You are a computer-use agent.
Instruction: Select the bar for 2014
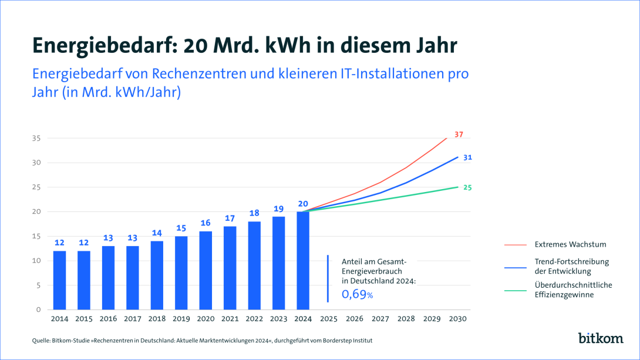pyautogui.click(x=59, y=280)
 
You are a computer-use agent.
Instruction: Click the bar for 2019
pyautogui.click(x=181, y=273)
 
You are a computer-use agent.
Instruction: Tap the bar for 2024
pyautogui.click(x=303, y=261)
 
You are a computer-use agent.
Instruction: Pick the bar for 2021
pyautogui.click(x=230, y=268)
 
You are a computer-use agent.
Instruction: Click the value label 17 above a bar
pyautogui.click(x=230, y=218)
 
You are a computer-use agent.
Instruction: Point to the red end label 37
pyautogui.click(x=459, y=134)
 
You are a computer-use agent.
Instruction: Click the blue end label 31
pyautogui.click(x=467, y=157)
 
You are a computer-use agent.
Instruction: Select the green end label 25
pyautogui.click(x=467, y=187)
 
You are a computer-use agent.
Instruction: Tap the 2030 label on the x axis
pyautogui.click(x=457, y=319)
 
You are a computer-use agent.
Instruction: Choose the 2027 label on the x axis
pyautogui.click(x=380, y=319)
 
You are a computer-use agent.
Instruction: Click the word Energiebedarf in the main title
pyautogui.click(x=103, y=45)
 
